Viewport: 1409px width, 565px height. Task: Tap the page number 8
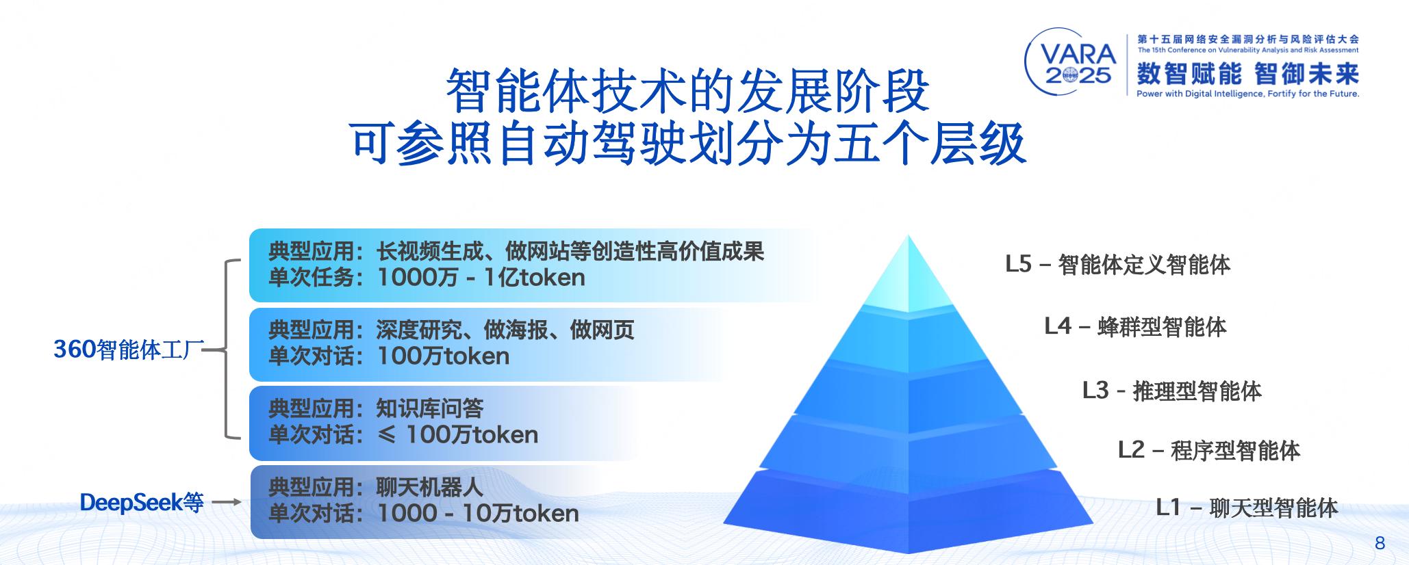click(x=1380, y=543)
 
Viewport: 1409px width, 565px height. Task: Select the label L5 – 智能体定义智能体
click(x=1117, y=265)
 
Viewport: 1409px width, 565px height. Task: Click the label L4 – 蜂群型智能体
click(x=1135, y=327)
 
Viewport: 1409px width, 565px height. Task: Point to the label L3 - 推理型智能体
click(x=1171, y=391)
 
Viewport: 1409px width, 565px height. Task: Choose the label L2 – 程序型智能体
click(x=1208, y=450)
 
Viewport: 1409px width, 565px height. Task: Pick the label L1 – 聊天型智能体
click(x=1247, y=508)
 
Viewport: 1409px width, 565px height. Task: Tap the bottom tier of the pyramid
click(x=908, y=510)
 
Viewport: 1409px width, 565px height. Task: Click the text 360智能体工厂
click(x=129, y=350)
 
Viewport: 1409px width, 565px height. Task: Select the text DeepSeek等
click(x=142, y=503)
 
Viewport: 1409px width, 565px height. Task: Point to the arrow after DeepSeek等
click(x=226, y=503)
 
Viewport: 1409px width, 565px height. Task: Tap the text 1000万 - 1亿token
click(x=481, y=278)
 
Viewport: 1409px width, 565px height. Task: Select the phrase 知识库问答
click(x=430, y=408)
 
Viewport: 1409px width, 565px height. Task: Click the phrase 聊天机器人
click(x=430, y=487)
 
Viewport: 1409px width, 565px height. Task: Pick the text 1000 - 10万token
click(x=478, y=514)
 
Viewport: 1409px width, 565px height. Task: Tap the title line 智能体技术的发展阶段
click(x=687, y=91)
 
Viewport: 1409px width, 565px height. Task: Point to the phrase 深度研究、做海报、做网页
click(x=505, y=330)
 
